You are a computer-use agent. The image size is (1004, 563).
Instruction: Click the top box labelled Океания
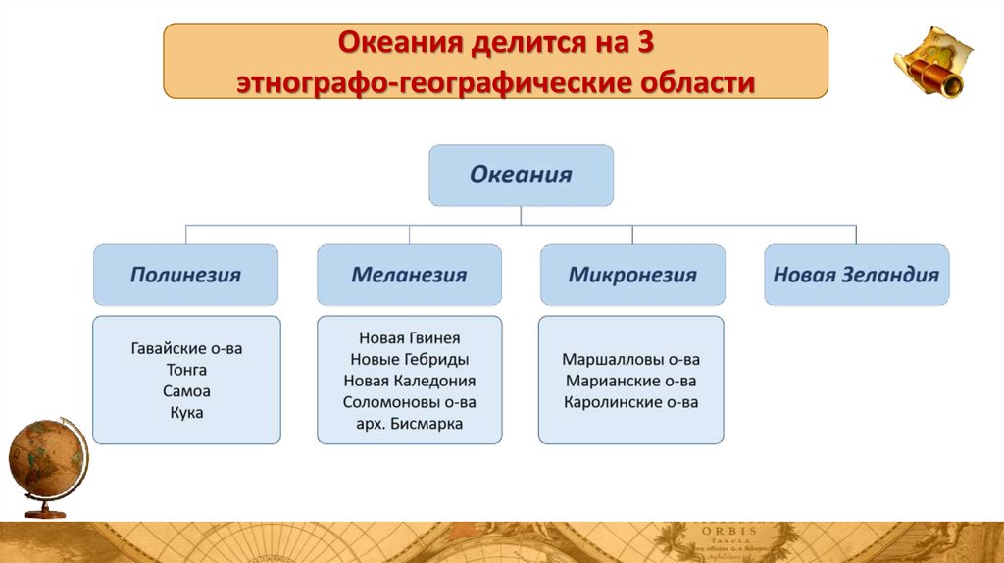click(521, 176)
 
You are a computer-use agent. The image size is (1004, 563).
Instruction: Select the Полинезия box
click(185, 275)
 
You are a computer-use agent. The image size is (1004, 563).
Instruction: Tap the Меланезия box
click(409, 275)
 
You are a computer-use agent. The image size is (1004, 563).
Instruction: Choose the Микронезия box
click(632, 275)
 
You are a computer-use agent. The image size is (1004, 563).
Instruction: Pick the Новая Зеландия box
click(856, 275)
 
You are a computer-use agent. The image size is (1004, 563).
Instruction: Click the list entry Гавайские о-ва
click(185, 348)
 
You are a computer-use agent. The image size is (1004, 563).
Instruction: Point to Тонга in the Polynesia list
click(186, 370)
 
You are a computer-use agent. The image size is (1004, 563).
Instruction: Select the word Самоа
click(186, 391)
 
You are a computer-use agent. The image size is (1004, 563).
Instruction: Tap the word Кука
click(186, 413)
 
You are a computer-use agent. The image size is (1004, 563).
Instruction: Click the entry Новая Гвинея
click(409, 337)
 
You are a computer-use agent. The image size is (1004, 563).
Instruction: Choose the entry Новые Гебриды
click(409, 359)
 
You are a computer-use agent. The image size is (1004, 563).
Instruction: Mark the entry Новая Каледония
click(409, 381)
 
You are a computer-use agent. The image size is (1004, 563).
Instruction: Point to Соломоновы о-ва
click(409, 402)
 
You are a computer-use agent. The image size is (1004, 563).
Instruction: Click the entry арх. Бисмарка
click(409, 424)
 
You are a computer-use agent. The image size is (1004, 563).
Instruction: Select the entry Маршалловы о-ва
click(631, 359)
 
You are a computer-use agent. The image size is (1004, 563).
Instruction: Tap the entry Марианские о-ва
click(631, 381)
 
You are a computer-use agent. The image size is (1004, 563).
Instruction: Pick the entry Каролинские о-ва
click(631, 402)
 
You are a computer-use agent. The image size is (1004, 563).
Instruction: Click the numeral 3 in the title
click(644, 44)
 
